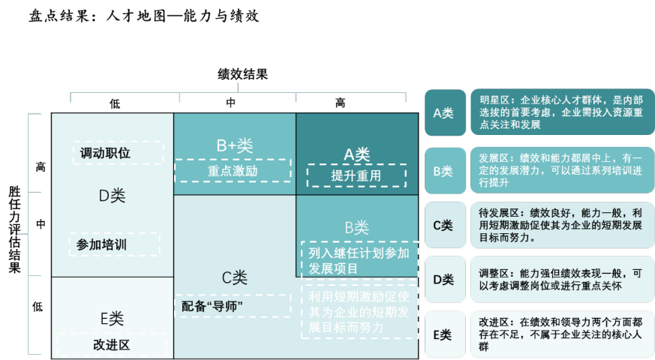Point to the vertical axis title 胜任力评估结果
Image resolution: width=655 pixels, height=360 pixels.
14,230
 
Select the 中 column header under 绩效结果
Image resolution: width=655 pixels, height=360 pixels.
234,103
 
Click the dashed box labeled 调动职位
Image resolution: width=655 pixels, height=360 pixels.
119,153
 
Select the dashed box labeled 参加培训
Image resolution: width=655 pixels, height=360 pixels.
114,244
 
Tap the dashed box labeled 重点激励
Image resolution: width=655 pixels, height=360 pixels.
233,170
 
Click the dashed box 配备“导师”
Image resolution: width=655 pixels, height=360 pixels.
232,306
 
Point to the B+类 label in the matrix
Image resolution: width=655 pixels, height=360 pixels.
234,146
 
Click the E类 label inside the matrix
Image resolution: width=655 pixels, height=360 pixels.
112,318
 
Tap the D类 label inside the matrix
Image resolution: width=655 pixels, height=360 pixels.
112,196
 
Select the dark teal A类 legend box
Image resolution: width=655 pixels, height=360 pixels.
445,112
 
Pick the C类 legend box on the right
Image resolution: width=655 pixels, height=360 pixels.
445,225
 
